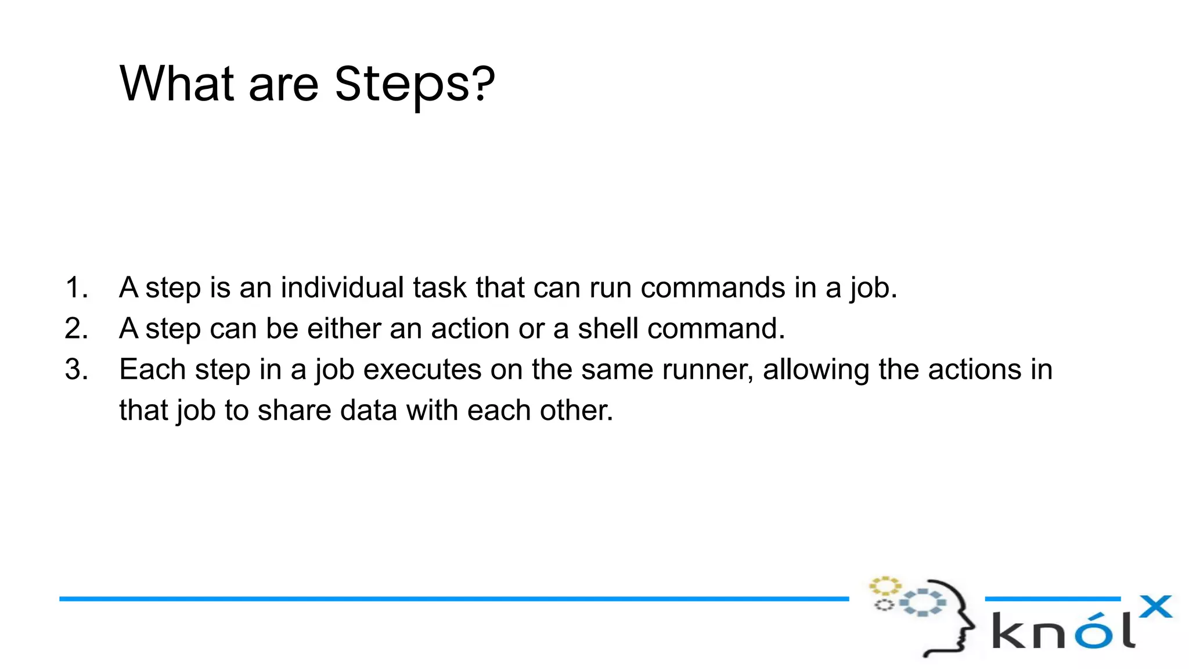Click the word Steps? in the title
point(415,84)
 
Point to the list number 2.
point(76,329)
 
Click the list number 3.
point(76,369)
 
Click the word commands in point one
point(712,287)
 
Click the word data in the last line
point(368,411)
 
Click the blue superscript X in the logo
point(1155,607)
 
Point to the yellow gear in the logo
point(884,585)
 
